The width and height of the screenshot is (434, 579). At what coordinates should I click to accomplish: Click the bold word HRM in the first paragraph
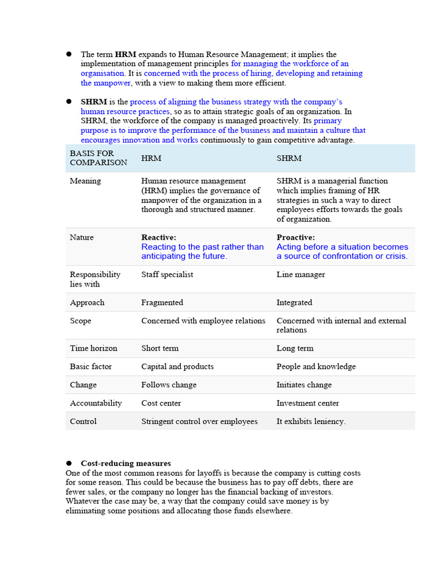tap(125, 55)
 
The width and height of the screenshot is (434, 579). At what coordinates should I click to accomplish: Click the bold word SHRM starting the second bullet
tap(94, 102)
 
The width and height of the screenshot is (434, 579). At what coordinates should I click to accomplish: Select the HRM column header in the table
tap(151, 158)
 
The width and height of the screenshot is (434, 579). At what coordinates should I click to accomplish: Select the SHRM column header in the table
tap(289, 158)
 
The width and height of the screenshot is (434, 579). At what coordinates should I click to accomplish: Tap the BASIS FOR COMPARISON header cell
tap(98, 158)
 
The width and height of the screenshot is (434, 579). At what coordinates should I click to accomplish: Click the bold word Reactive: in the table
tap(159, 237)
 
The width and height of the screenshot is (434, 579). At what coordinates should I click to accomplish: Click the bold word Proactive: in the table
tap(296, 237)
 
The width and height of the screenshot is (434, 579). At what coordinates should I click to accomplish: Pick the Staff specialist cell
tap(167, 275)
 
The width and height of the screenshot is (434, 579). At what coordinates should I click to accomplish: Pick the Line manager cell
tap(301, 275)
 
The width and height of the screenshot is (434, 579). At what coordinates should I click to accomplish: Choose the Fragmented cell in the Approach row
tap(162, 303)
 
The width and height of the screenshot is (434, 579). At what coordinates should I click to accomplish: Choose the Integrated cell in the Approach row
tap(294, 303)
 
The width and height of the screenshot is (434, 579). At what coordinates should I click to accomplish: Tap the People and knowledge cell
tap(316, 366)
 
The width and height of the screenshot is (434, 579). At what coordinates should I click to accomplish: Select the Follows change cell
tap(169, 385)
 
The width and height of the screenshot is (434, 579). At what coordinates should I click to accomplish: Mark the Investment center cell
tap(307, 403)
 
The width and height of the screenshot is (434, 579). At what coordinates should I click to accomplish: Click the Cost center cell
tap(161, 403)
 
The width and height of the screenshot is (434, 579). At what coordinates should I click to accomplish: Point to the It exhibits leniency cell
tap(311, 421)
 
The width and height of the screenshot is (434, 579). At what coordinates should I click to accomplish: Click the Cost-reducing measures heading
tap(125, 464)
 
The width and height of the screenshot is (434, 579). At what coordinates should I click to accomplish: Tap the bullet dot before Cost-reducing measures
tap(69, 464)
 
